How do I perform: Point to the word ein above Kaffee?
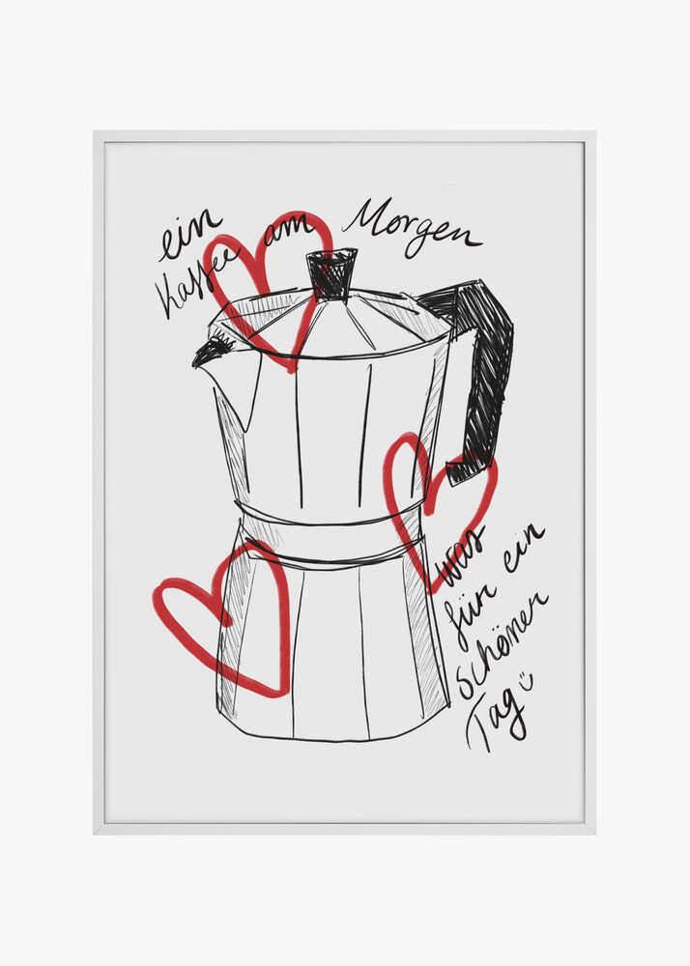click(x=190, y=235)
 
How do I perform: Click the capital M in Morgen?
click(x=362, y=218)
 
